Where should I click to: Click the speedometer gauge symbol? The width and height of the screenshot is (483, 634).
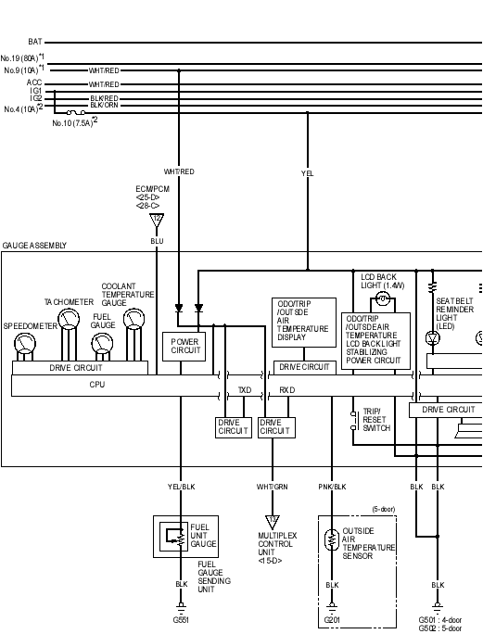coord(25,344)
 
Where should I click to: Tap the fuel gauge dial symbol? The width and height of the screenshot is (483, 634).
coord(102,343)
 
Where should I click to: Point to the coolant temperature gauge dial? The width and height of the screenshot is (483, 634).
coord(133,319)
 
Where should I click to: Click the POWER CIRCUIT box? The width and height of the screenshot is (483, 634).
coord(184,347)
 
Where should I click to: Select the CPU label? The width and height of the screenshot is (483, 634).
coord(97,385)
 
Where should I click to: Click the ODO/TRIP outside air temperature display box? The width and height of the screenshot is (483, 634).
coord(304,323)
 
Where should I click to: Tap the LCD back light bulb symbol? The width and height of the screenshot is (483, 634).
coord(382,299)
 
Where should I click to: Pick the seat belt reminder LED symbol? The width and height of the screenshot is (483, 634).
coord(433,337)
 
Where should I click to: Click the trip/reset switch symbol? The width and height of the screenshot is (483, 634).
coord(354,421)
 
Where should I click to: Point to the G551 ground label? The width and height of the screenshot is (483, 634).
coord(181,620)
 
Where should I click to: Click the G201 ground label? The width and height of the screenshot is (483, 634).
coord(332,620)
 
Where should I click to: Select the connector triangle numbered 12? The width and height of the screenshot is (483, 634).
coord(157,221)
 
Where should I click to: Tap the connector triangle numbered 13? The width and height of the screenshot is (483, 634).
coord(273,522)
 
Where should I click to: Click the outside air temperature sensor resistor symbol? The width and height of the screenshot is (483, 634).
coord(332,539)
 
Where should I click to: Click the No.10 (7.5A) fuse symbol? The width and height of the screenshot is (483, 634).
coord(76,112)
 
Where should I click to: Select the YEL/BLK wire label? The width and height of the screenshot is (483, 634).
coord(181,487)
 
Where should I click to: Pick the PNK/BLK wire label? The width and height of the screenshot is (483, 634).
coord(332,487)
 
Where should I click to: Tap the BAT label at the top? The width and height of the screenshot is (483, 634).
coord(35,42)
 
